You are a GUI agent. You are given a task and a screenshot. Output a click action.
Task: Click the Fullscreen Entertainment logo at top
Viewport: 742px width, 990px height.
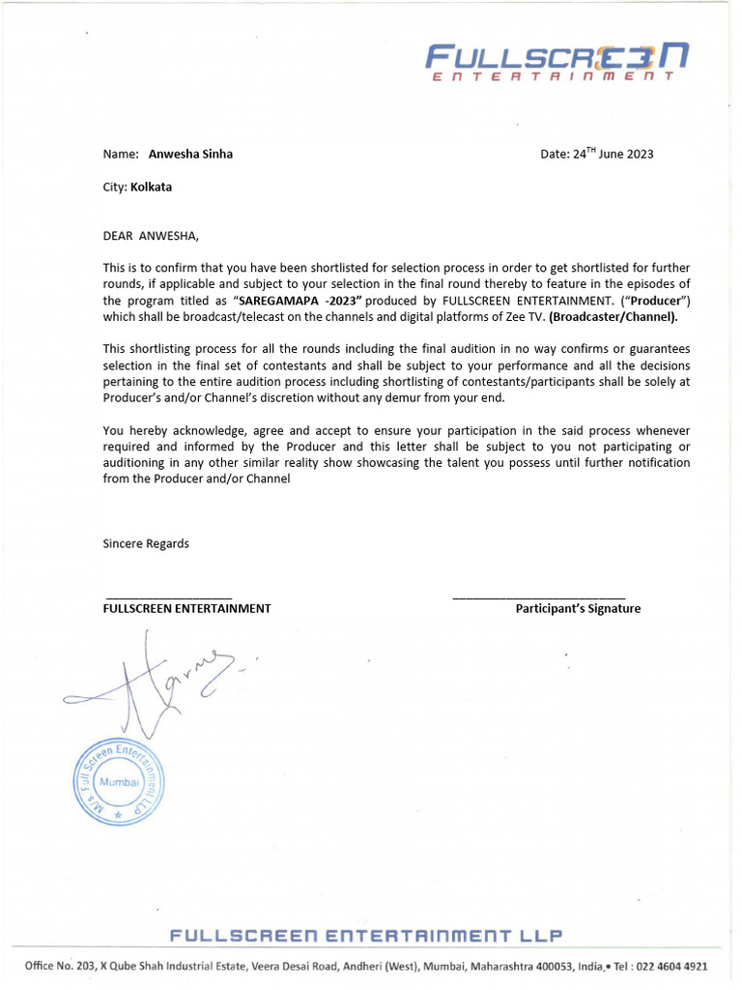coord(557,62)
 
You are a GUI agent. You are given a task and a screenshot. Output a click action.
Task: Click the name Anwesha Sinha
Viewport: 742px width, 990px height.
coord(190,154)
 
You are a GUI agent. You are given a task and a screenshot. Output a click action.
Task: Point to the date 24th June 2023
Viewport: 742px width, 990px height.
coord(597,154)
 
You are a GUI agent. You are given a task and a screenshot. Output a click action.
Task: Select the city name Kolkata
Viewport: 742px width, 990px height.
coord(152,187)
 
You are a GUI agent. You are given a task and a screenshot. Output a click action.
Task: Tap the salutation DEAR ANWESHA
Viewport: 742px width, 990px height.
coord(149,235)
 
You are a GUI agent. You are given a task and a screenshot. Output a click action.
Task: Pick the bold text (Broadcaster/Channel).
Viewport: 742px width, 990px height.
coord(614,316)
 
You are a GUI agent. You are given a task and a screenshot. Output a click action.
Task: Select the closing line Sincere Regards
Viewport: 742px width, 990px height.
coord(146,543)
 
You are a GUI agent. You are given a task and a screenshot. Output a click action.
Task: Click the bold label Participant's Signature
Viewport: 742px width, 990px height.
coord(578,608)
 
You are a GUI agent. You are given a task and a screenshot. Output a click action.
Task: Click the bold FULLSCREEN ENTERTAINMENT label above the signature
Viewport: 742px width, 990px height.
coord(186,608)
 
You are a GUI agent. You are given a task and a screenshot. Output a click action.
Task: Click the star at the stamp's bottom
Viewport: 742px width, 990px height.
coord(118,816)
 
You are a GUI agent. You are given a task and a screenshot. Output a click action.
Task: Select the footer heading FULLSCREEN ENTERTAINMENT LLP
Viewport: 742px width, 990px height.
coord(365,936)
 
